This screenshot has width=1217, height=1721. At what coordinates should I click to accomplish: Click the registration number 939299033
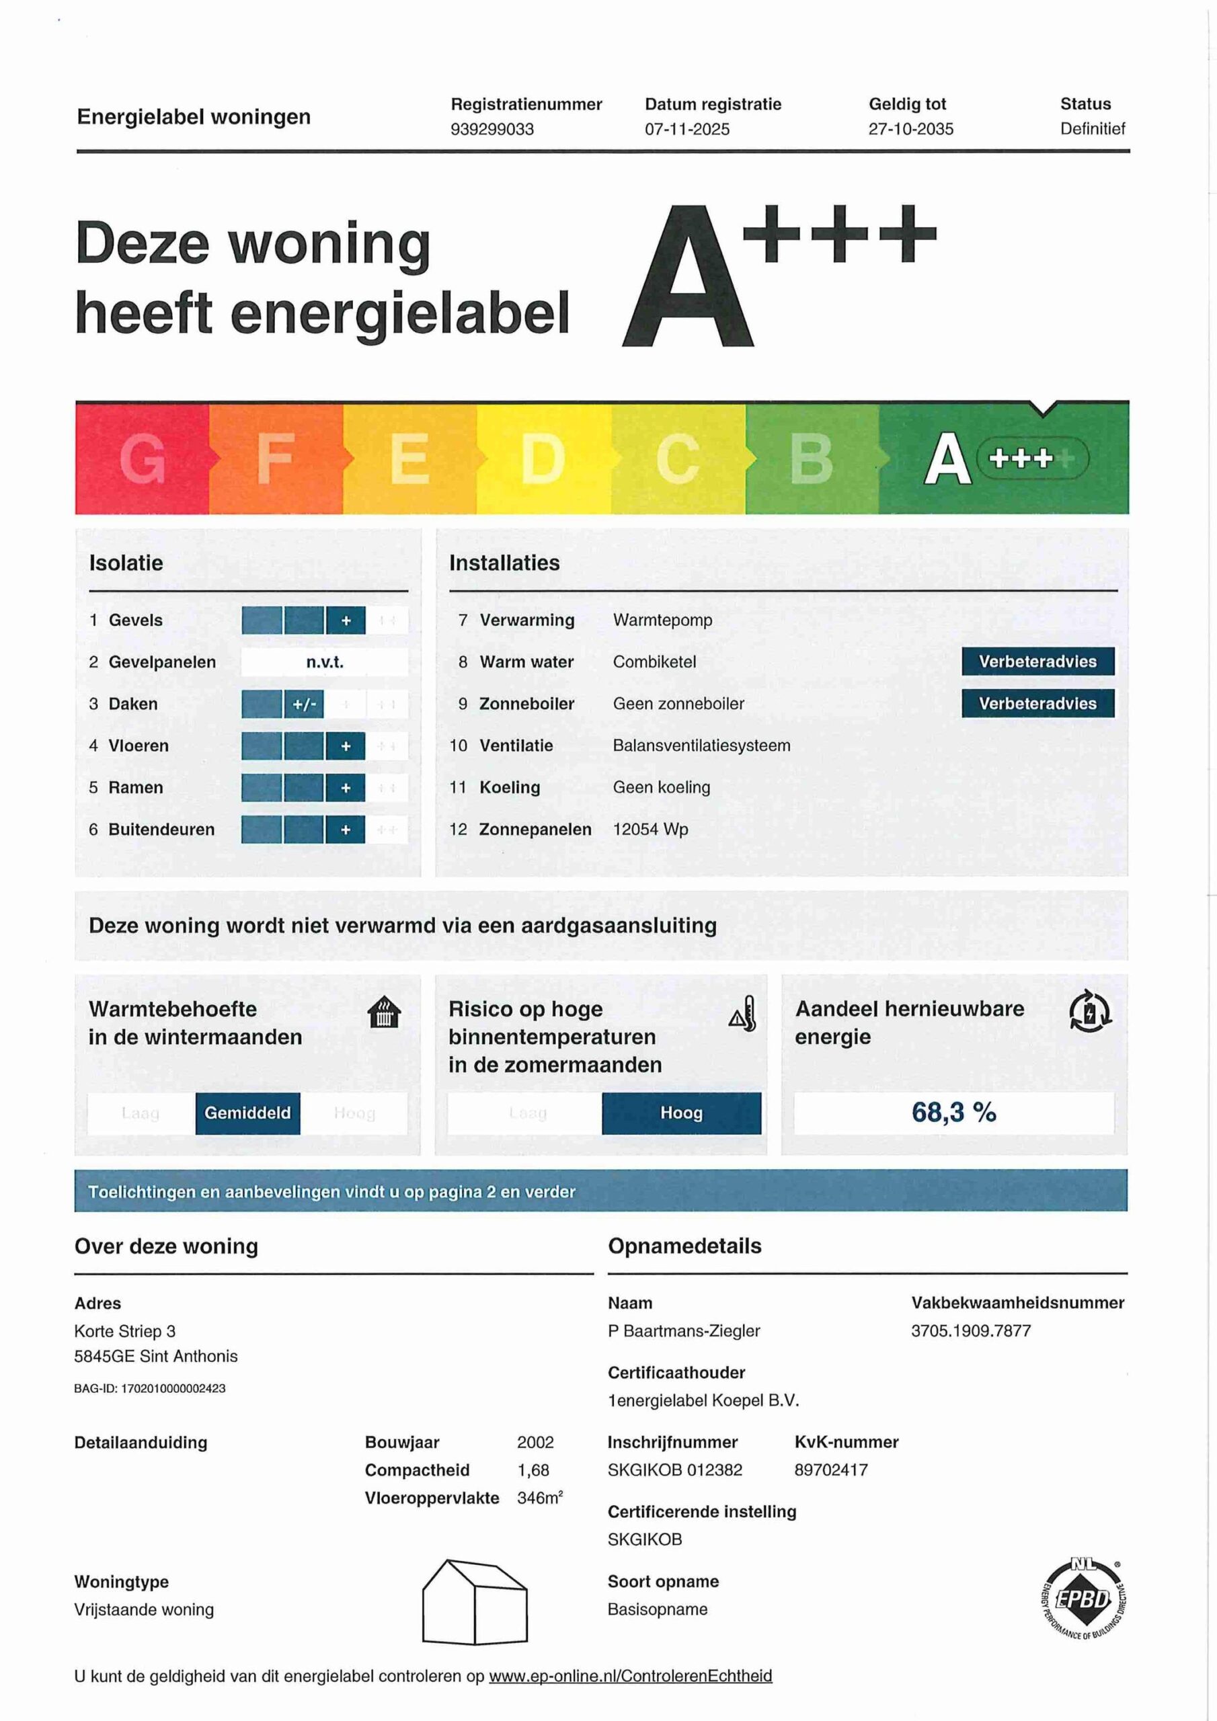tap(492, 129)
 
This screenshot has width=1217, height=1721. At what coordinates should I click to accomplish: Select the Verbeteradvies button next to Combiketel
tap(1037, 661)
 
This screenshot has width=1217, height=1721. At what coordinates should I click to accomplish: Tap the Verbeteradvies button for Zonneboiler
tap(1037, 703)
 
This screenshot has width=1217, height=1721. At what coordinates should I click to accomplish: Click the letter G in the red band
tap(142, 458)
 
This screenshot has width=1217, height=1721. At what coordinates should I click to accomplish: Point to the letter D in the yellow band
tap(543, 458)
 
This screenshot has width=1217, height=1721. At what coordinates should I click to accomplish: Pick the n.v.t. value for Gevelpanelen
tap(324, 662)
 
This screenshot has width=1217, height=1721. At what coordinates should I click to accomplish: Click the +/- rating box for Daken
tap(304, 704)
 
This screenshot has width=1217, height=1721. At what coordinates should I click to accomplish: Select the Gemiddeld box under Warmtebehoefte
tap(247, 1113)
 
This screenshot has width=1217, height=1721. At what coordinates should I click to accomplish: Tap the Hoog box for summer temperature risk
tap(681, 1113)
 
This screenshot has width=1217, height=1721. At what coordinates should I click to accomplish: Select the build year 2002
tap(535, 1442)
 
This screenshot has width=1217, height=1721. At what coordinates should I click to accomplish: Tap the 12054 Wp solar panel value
tap(650, 829)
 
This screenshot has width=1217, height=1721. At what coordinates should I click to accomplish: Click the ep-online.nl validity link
tap(630, 1676)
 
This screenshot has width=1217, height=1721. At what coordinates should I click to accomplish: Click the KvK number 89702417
tap(831, 1470)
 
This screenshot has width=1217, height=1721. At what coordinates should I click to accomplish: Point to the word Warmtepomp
tap(662, 620)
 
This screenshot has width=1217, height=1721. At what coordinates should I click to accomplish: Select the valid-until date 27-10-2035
tap(910, 129)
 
